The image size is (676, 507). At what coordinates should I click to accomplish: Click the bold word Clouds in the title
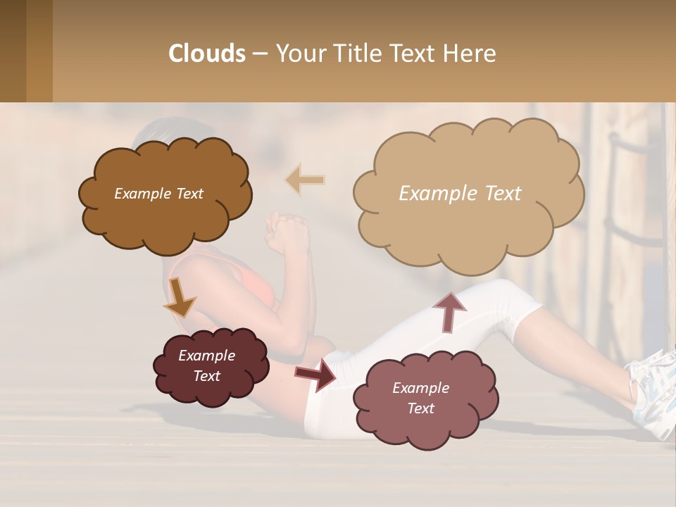pyautogui.click(x=207, y=53)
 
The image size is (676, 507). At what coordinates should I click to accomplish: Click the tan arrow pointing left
pyautogui.click(x=305, y=180)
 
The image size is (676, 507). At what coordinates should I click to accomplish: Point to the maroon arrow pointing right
pyautogui.click(x=315, y=374)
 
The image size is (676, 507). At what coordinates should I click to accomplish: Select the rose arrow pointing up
pyautogui.click(x=449, y=311)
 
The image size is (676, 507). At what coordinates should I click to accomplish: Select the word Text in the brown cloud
pyautogui.click(x=188, y=194)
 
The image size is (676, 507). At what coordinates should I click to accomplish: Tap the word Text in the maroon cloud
pyautogui.click(x=207, y=376)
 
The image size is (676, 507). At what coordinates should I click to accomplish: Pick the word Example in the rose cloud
pyautogui.click(x=420, y=388)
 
